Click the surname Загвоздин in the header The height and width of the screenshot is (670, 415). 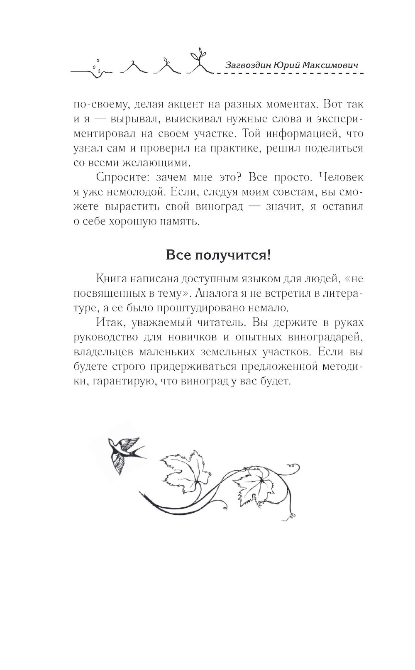pyautogui.click(x=249, y=65)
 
